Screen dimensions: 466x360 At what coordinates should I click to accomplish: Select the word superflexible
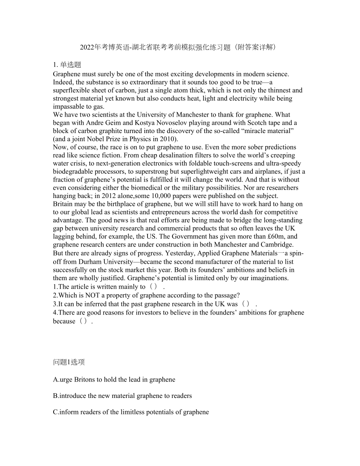[x=71, y=90]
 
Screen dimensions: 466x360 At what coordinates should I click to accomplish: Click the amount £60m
[x=277, y=236]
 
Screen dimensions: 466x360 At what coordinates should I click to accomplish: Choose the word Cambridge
[x=278, y=245]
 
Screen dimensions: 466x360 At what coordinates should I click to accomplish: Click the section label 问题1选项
[x=69, y=362]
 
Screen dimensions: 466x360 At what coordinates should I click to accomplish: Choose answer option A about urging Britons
[x=114, y=379]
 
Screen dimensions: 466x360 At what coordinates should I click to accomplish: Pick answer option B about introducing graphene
[x=122, y=396]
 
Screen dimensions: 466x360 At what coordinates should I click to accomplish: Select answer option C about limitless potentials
[x=131, y=412]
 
